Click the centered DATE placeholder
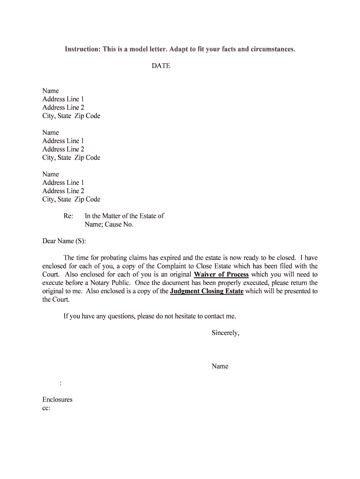pyautogui.click(x=161, y=66)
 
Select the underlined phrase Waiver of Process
pyautogui.click(x=221, y=275)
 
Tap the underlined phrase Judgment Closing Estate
pyautogui.click(x=207, y=291)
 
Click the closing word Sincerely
pyautogui.click(x=225, y=333)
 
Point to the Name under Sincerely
pyautogui.click(x=220, y=366)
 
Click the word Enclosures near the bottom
pyautogui.click(x=58, y=400)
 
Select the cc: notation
pyautogui.click(x=46, y=408)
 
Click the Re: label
pyautogui.click(x=68, y=216)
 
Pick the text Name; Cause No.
pyautogui.click(x=109, y=225)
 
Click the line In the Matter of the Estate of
pyautogui.click(x=124, y=216)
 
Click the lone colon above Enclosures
pyautogui.click(x=61, y=384)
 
